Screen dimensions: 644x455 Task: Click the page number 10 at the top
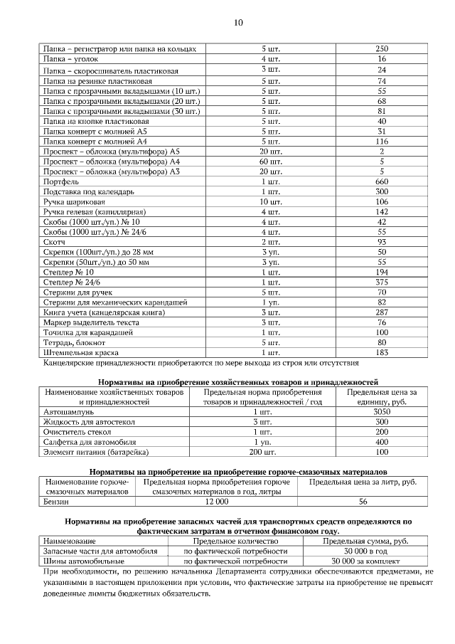tap(238, 23)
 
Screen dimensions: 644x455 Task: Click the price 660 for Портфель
tap(382, 182)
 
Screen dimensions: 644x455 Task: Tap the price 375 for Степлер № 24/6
tap(382, 283)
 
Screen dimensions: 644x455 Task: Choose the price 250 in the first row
tap(382, 49)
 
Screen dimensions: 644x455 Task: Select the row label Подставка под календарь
tap(89, 192)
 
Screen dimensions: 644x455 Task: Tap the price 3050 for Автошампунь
tap(382, 412)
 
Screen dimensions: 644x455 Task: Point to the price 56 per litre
tap(363, 502)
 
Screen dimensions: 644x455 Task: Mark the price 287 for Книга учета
tap(382, 312)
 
